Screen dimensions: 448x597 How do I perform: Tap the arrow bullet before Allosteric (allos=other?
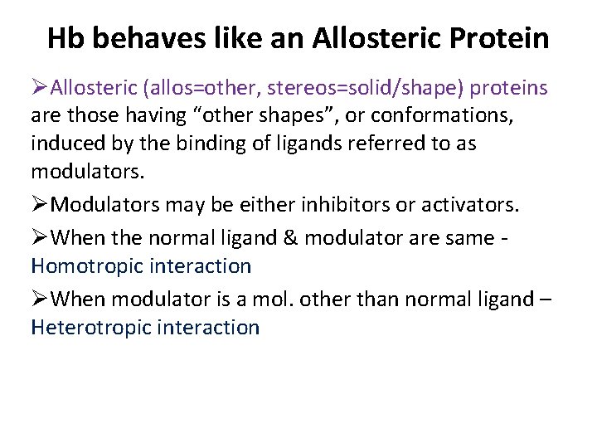coord(41,88)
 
